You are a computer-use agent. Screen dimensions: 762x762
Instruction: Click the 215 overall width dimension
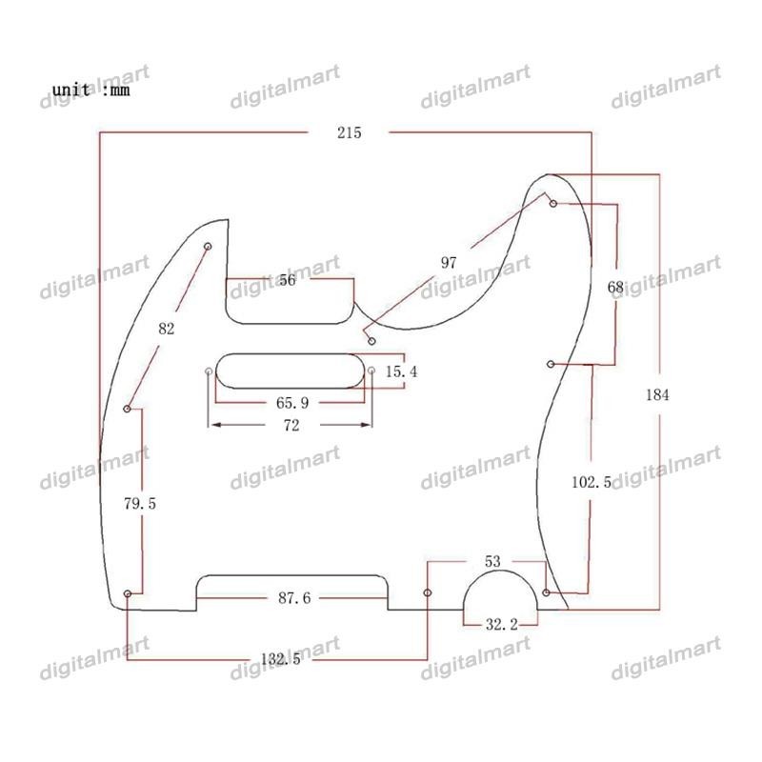coord(349,132)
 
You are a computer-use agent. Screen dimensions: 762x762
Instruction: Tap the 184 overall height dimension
coord(657,394)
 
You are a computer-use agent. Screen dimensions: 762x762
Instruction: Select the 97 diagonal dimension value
coord(449,263)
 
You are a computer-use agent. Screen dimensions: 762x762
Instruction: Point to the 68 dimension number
coord(615,288)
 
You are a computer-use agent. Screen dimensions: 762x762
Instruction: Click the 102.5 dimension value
coord(592,482)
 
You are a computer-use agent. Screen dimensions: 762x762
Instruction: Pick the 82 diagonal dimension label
coord(166,329)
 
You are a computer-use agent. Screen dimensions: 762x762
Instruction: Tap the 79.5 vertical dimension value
coord(140,504)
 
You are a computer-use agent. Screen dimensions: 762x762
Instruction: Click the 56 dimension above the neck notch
coord(288,280)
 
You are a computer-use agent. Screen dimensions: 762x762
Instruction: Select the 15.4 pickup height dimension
coord(401,371)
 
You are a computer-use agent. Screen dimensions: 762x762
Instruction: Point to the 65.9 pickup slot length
coord(292,403)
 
